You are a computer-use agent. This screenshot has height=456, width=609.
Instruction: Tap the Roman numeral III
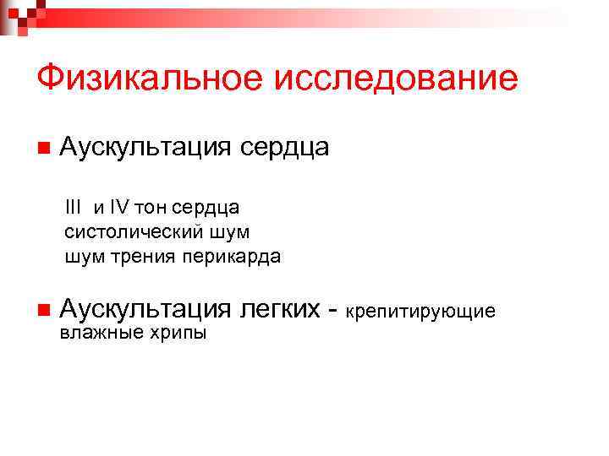pos(74,207)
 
